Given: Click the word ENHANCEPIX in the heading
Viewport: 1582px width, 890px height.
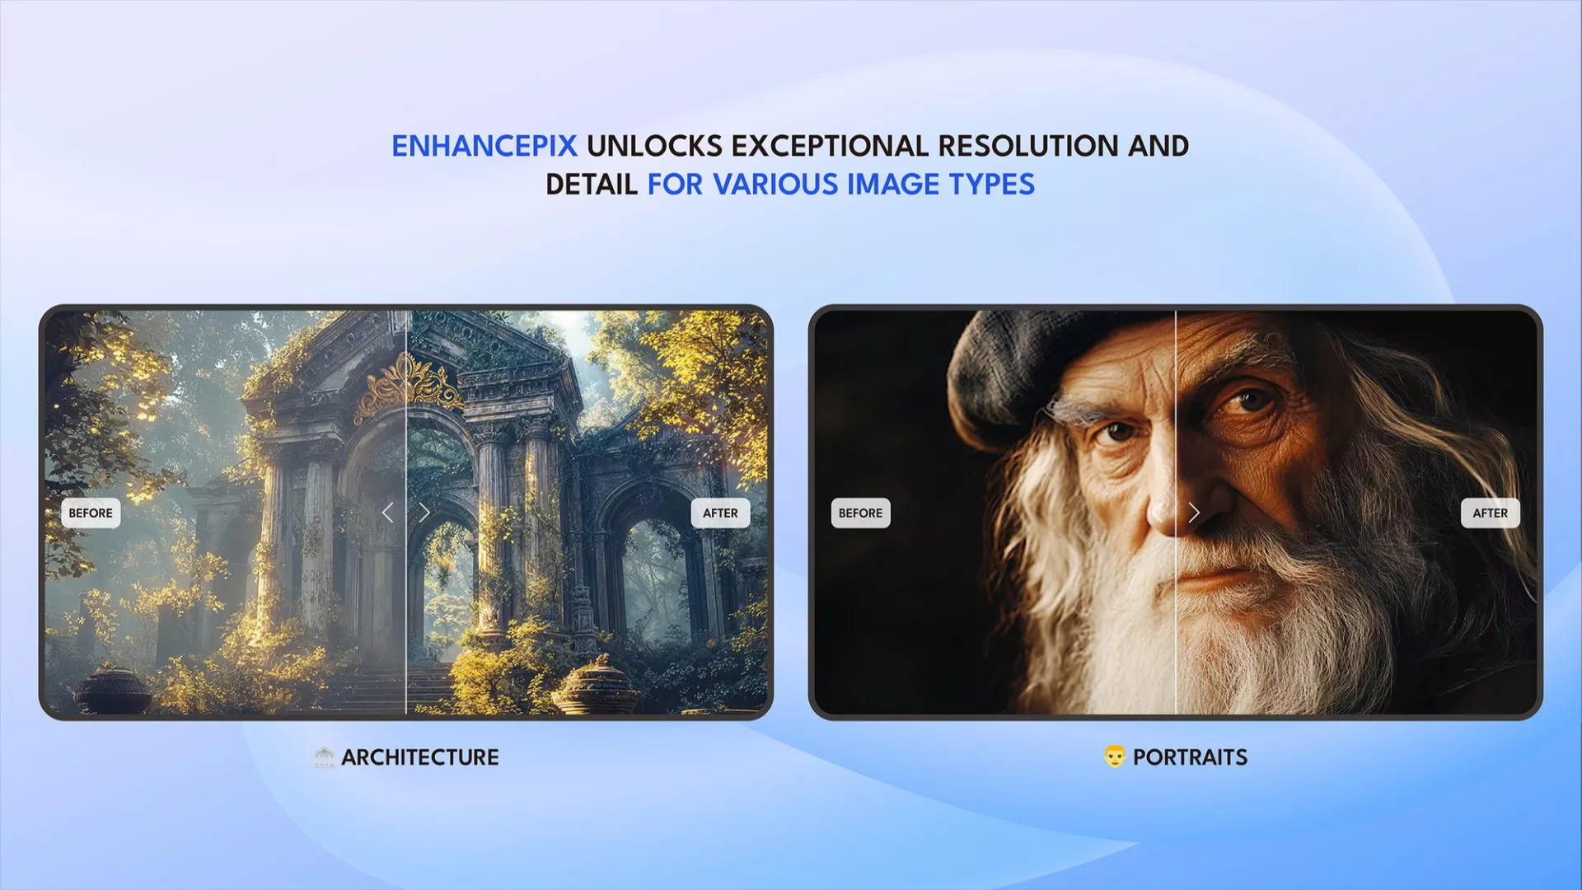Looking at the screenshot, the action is point(484,146).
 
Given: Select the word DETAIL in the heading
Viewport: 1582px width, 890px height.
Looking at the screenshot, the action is point(592,185).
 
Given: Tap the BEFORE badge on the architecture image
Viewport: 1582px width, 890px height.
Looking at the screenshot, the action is point(91,513).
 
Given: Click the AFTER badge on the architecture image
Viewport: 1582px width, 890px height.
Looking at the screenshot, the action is point(720,513).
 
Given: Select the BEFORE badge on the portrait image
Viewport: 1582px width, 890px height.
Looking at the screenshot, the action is point(860,513).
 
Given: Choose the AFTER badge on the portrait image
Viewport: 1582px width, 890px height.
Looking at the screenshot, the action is point(1490,513).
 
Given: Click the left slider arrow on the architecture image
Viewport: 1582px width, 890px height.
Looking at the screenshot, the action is point(388,513).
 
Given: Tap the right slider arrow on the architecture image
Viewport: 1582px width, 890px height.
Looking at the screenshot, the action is point(424,513).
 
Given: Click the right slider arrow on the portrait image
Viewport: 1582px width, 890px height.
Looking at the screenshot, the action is point(1194,513).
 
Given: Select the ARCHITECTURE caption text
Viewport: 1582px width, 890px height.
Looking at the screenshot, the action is point(420,757).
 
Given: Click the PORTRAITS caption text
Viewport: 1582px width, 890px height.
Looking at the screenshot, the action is point(1190,757).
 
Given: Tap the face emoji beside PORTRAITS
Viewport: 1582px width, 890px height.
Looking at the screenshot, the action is point(1114,756).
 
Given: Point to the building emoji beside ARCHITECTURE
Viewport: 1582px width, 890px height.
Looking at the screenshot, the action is point(324,756).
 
